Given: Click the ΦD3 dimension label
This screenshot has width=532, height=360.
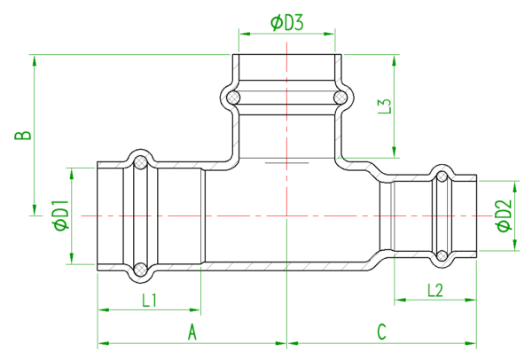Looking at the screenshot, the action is pos(286,23).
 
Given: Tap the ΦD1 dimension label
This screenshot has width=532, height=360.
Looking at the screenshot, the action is pos(61,215).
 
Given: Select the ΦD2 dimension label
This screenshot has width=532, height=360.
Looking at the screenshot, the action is pos(505,215).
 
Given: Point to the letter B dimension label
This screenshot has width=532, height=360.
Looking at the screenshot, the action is pos(23,135).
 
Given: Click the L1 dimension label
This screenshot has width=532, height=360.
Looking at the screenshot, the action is pos(149,301).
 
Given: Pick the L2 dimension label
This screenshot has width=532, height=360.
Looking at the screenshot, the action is pos(435,291).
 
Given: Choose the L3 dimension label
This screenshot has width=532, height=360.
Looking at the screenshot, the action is pos(385,106).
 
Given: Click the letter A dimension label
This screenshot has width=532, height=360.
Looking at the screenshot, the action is pos(192,332).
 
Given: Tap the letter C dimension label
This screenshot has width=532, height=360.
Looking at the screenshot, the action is pos(381,332).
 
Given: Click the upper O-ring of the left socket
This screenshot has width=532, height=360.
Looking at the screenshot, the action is pos(140,162).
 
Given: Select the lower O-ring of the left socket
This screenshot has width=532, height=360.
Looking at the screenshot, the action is pos(140,270).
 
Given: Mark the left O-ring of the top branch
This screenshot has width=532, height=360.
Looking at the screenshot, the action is pos(233,98).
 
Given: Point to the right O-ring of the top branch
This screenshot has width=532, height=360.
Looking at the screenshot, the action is pos(340,98).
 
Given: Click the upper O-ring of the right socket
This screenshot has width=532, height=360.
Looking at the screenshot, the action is pos(442,176).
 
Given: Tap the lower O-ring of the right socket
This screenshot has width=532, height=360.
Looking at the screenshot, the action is pos(442,255).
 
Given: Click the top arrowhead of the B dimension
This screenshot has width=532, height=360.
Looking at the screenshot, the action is pos(35,61).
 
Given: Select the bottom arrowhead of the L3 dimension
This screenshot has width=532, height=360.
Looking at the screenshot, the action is pos(394,152).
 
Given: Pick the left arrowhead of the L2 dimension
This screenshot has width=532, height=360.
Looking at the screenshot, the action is pos(401,300).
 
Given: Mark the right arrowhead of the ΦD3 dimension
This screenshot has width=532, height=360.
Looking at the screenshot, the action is pos(329,34).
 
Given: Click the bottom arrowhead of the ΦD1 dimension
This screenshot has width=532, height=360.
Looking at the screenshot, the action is pos(72,257).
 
